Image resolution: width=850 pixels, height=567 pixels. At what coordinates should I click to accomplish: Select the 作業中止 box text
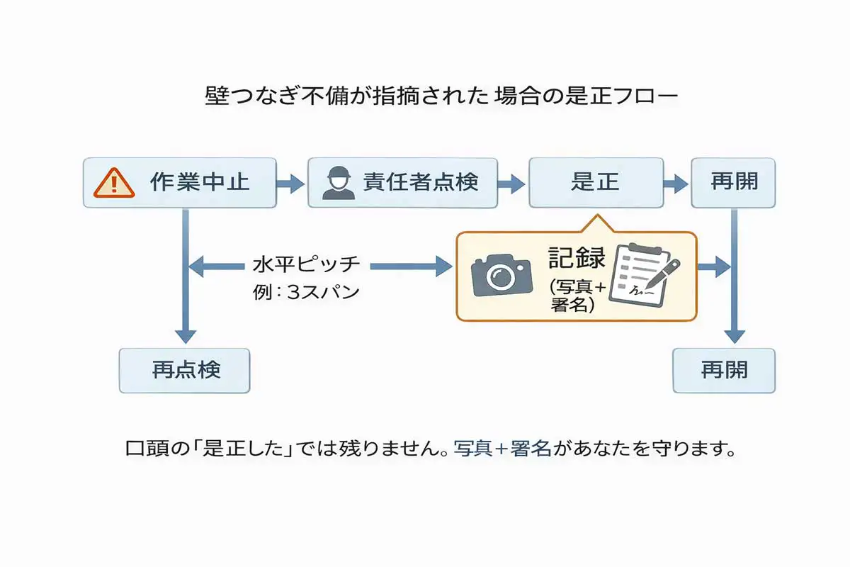tap(200, 182)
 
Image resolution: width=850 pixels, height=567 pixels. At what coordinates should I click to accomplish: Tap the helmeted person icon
tap(337, 182)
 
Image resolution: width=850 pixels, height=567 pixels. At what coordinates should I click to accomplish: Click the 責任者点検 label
tap(421, 182)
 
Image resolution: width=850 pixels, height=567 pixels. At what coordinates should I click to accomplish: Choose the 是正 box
tap(596, 182)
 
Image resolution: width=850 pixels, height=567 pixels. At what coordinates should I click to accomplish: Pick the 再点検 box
tap(186, 370)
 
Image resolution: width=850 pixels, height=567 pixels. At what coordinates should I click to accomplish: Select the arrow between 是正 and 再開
tap(676, 184)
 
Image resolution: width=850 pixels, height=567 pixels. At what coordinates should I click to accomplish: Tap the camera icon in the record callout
tap(501, 274)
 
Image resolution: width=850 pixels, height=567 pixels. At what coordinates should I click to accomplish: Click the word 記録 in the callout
tap(577, 259)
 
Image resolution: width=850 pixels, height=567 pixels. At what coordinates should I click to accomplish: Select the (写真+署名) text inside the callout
tap(577, 296)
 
